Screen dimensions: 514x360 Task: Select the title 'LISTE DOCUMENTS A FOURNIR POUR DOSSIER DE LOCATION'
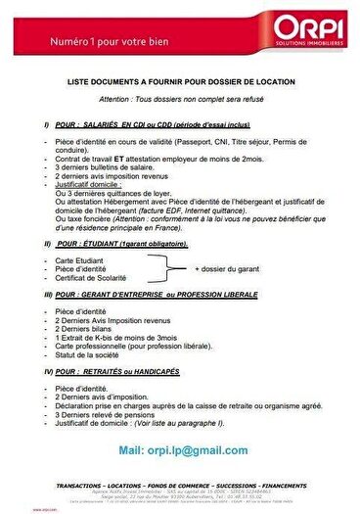(179, 85)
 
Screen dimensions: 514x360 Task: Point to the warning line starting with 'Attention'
(181, 102)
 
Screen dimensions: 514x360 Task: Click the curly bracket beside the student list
(167, 267)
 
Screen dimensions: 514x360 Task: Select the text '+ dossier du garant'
(227, 267)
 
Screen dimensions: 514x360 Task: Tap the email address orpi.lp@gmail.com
(182, 449)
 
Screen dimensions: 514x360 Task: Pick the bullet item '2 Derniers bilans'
(85, 328)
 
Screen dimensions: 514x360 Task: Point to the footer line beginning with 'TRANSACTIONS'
(181, 486)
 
